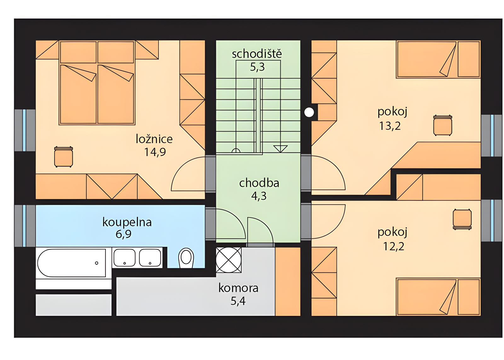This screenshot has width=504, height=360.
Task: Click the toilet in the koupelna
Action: click(186, 258)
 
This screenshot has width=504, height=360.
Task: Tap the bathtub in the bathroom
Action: click(72, 263)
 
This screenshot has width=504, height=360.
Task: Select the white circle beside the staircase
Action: click(309, 112)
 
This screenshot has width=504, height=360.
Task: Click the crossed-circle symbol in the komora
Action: click(229, 260)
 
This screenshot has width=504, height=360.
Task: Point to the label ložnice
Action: click(154, 139)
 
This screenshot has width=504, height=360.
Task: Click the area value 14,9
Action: click(155, 152)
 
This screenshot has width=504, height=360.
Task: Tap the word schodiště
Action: click(257, 54)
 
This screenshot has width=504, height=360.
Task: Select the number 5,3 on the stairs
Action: click(257, 67)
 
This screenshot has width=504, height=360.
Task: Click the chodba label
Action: click(259, 183)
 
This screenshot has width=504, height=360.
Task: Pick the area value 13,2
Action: click(390, 126)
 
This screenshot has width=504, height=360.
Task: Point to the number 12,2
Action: click(393, 246)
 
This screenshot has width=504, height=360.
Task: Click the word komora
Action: click(238, 288)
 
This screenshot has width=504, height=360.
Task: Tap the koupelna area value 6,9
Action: click(123, 234)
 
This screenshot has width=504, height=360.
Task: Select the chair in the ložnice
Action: click(64, 156)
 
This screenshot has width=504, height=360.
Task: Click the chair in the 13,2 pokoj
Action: click(443, 125)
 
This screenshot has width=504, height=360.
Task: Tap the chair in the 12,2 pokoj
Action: click(462, 219)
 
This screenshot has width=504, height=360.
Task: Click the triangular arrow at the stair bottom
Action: click(280, 148)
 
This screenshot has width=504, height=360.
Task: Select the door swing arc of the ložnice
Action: click(188, 174)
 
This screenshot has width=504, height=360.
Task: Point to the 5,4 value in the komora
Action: click(238, 301)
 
